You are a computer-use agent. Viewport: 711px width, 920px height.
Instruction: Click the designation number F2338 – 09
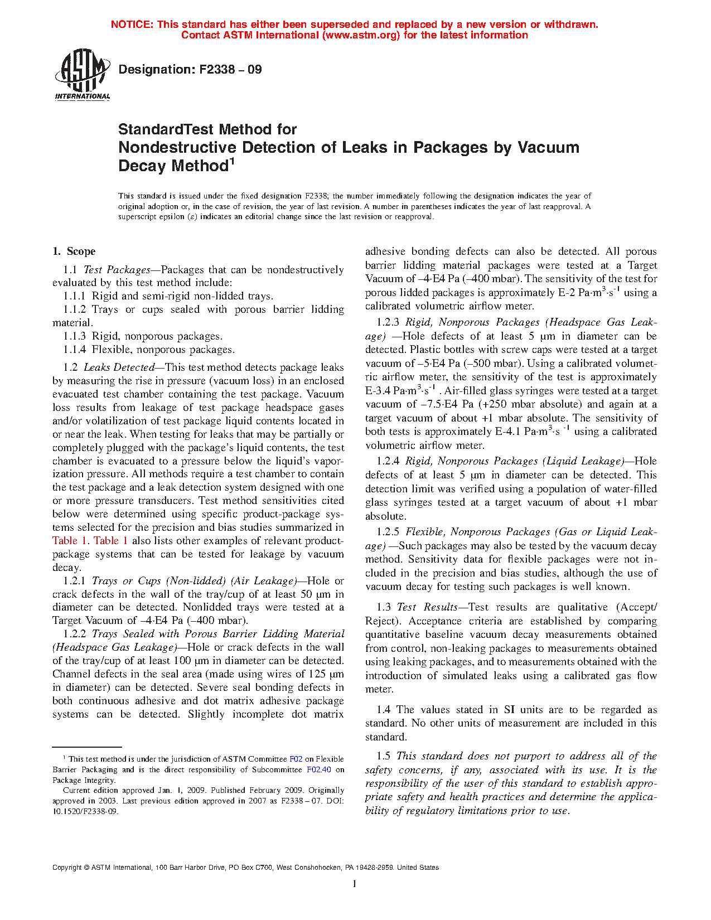click(230, 70)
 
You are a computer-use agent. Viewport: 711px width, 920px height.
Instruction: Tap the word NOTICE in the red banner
click(131, 25)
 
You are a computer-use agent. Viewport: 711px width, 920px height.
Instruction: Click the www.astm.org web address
click(361, 35)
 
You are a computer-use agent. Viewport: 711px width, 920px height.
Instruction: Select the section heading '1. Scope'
click(74, 251)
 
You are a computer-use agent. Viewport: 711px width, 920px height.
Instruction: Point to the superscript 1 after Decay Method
click(232, 162)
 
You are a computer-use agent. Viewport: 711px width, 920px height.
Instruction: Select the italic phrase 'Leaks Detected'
click(119, 367)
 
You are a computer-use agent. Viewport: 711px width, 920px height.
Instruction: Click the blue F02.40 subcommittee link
click(319, 770)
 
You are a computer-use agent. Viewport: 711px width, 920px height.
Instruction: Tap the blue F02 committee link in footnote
click(296, 759)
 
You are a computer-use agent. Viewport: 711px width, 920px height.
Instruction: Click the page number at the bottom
click(355, 884)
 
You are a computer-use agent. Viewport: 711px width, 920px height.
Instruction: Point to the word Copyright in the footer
click(67, 868)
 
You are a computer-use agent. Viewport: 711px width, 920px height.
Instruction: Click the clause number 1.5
click(383, 757)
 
